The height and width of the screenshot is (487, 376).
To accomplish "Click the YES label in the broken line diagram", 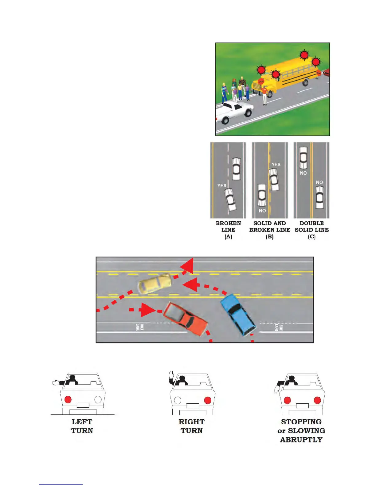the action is (221, 186).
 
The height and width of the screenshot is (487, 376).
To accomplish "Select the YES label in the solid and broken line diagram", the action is (276, 164).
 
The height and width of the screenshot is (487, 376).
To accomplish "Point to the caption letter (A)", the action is (228, 237).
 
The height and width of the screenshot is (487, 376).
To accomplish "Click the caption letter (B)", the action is (269, 237).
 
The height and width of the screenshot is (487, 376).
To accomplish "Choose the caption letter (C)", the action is (311, 237).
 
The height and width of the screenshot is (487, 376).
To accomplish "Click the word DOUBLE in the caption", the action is (311, 223).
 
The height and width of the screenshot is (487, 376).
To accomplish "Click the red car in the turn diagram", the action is (185, 319).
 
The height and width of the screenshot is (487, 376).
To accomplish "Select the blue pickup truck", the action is (238, 314).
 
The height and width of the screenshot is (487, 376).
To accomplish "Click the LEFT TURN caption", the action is (82, 426).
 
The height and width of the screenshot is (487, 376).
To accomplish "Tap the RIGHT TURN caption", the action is (192, 426).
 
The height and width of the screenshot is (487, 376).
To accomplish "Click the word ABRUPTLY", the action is (301, 440).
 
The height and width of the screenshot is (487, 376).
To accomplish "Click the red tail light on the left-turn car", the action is (68, 399).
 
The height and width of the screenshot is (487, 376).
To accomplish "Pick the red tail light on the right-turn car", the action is (208, 400).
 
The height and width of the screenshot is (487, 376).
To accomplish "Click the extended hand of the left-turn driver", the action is (55, 383).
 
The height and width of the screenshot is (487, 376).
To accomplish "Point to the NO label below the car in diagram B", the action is (262, 211).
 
